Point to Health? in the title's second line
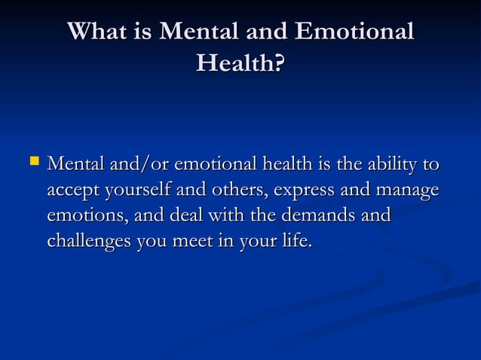240,63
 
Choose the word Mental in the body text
75,163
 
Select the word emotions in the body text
81,215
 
